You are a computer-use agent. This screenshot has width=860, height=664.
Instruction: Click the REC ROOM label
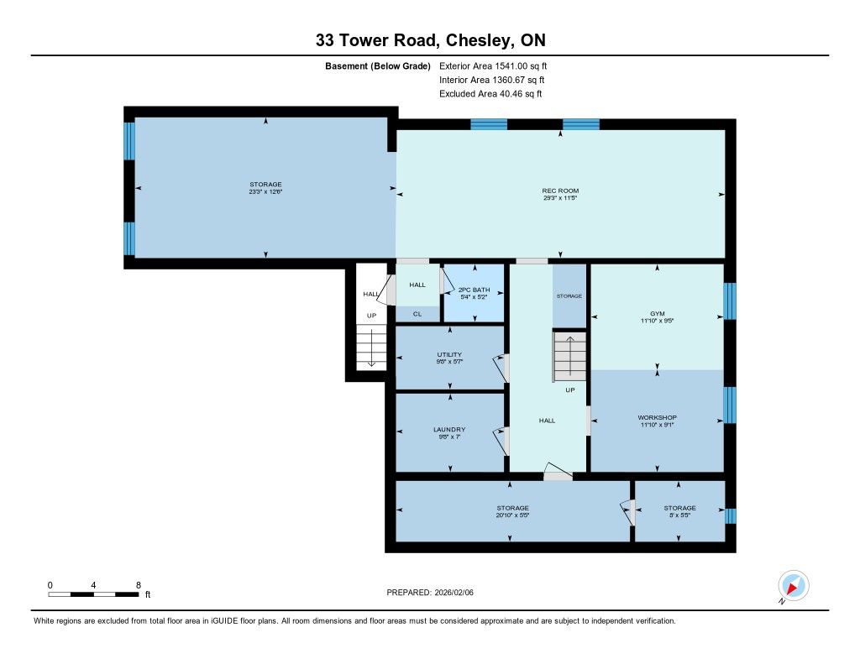(560, 191)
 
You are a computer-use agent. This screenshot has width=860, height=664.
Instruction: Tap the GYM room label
(657, 314)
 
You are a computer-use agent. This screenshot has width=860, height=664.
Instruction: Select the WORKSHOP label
(657, 417)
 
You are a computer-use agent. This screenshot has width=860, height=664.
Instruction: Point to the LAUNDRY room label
(449, 429)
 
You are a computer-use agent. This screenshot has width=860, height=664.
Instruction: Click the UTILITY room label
(449, 354)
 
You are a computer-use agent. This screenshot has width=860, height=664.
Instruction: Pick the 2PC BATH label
(474, 290)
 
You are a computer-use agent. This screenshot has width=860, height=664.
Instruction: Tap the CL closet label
(417, 314)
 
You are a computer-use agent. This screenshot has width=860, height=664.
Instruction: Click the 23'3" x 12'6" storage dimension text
(265, 192)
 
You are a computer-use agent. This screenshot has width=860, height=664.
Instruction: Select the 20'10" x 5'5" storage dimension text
(512, 515)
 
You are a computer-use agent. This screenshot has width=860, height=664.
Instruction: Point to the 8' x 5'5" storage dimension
(679, 515)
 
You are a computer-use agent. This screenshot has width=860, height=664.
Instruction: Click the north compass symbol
(793, 587)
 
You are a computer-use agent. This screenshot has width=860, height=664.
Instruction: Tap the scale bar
(93, 594)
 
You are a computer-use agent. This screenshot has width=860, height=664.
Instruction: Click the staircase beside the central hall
(569, 357)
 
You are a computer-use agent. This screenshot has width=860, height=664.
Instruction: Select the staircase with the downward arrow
(371, 347)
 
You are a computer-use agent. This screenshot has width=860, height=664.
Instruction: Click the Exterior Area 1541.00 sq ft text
(493, 65)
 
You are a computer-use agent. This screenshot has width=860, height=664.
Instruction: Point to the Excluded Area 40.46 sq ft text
(490, 94)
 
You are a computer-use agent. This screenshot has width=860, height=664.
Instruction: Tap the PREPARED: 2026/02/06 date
(430, 592)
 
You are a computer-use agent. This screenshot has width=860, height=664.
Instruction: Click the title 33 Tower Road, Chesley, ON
(431, 40)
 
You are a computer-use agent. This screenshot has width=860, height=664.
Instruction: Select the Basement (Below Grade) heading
(378, 65)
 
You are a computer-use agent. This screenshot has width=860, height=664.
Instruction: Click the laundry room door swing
(501, 441)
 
